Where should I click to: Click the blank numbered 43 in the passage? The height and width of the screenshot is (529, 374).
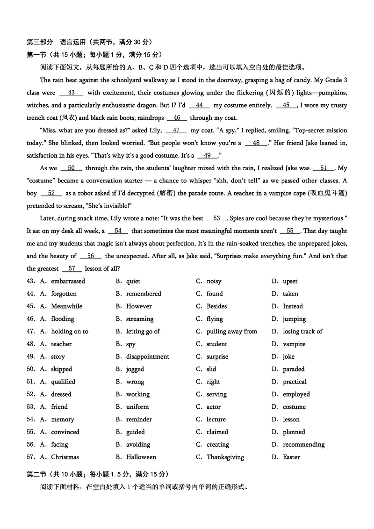pos(71,93)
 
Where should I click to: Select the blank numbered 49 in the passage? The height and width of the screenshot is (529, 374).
pos(208,156)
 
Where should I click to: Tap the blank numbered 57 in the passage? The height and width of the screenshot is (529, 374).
pos(72,269)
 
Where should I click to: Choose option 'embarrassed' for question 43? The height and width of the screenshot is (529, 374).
pos(68,282)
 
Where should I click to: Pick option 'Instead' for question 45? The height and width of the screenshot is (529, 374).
pos(293,307)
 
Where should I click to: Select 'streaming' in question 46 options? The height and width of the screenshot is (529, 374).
pos(139,319)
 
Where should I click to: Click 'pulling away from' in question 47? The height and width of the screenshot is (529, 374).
pos(231,332)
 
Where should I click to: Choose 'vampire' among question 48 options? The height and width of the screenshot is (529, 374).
pos(294,344)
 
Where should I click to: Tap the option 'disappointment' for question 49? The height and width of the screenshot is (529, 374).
pos(147,357)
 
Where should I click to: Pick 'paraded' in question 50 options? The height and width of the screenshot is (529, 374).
pos(294,370)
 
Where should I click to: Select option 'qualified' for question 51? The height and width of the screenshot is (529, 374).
pos(63,382)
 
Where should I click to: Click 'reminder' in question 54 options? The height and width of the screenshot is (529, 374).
pos(139,420)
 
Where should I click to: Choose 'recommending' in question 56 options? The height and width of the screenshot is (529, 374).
pos(303,445)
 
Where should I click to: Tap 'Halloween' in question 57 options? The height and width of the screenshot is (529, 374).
pos(141,457)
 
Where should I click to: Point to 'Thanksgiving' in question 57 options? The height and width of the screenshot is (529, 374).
pos(225,457)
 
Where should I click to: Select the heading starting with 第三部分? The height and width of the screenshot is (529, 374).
pos(89,42)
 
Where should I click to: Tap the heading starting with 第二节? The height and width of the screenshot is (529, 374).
pos(98,474)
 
